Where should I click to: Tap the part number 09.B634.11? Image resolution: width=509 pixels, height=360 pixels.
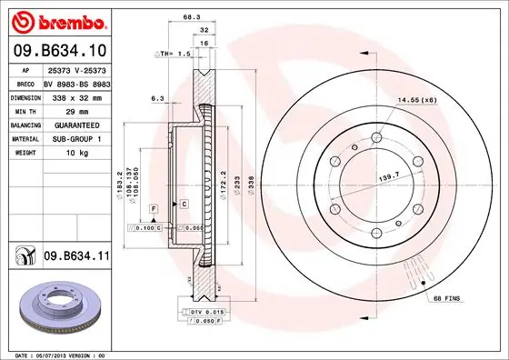point(76,257)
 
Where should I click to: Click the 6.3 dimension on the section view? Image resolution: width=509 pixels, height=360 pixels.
point(156,98)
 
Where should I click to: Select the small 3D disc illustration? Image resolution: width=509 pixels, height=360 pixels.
point(56,305)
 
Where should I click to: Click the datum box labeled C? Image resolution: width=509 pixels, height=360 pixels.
point(184,205)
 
